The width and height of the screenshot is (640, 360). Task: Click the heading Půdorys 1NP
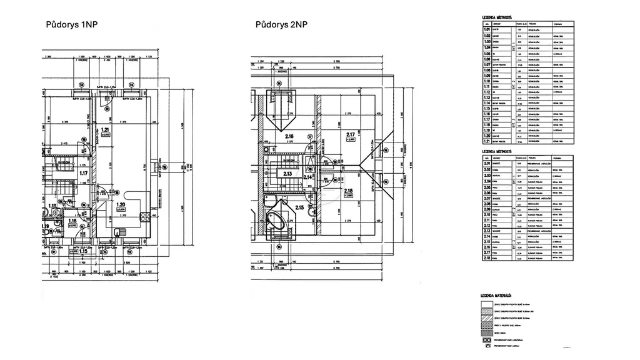point(71,25)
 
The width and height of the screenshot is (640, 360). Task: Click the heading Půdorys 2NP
point(281,25)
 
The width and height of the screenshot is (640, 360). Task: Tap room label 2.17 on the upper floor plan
point(350,134)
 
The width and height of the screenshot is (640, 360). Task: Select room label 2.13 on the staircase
point(288,174)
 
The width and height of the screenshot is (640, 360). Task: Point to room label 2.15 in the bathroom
point(299,207)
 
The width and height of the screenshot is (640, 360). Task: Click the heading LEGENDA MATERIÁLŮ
point(496,294)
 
